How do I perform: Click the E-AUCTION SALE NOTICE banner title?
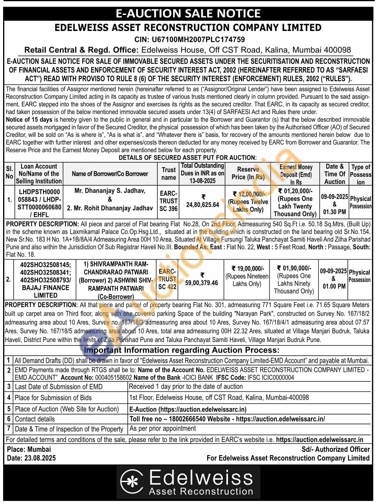(x=188, y=13)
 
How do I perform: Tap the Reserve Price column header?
(x=248, y=173)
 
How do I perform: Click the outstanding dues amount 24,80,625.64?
(x=202, y=204)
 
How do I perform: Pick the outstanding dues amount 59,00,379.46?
(x=202, y=282)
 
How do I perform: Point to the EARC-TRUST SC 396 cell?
(x=168, y=201)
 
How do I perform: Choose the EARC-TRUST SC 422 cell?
(x=167, y=279)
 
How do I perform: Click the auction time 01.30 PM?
(x=334, y=212)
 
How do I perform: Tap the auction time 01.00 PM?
(x=334, y=286)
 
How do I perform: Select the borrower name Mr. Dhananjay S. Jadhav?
(x=110, y=191)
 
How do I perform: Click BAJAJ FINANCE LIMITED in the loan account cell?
(x=45, y=291)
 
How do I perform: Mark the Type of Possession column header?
(x=360, y=174)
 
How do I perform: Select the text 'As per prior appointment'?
(x=163, y=428)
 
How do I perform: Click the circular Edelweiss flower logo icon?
(x=132, y=482)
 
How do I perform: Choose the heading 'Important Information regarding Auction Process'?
(x=182, y=350)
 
